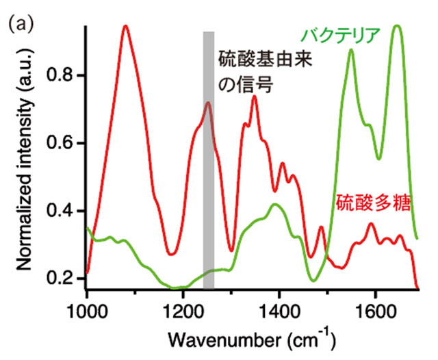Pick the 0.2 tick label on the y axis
click(x=66, y=279)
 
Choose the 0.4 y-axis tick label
click(x=66, y=211)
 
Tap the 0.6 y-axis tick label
click(x=66, y=143)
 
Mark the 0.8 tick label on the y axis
click(x=66, y=75)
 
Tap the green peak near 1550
click(x=351, y=50)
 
